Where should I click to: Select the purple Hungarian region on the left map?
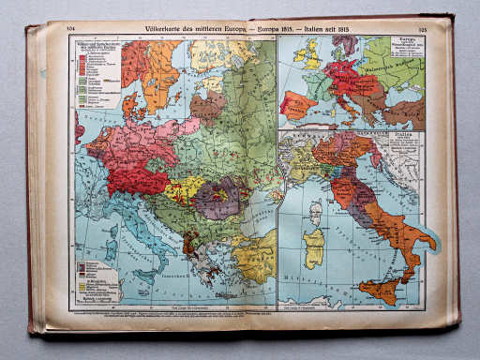click(218, 200)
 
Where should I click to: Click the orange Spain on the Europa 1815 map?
click(297, 103)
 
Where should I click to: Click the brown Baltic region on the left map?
click(207, 106)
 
